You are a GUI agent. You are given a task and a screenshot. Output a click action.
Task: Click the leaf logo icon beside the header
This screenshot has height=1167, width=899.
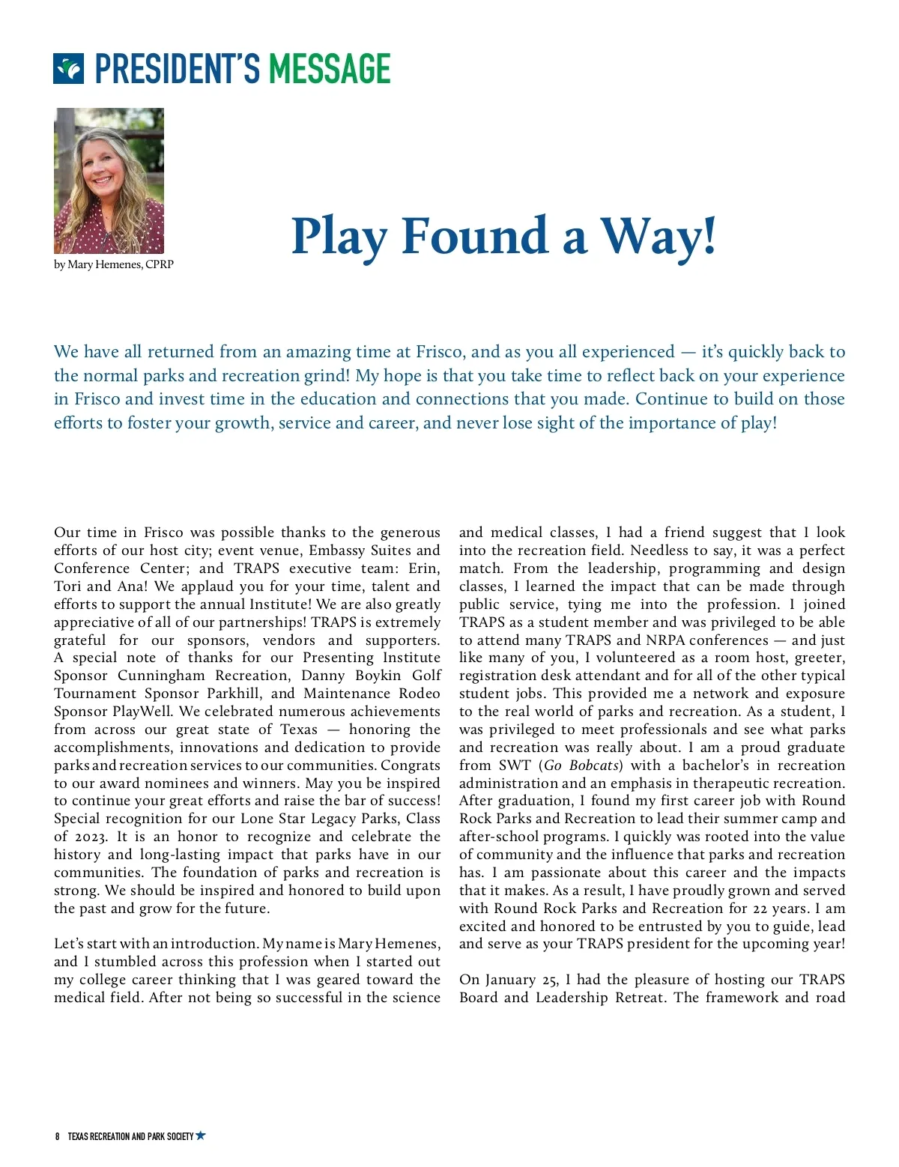(x=68, y=68)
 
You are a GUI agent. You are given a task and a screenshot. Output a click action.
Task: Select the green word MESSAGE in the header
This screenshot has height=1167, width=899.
(x=330, y=69)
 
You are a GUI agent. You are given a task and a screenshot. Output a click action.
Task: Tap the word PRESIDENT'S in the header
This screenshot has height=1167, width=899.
(x=177, y=69)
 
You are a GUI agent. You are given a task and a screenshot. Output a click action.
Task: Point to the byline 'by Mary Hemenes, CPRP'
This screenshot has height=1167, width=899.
(x=114, y=264)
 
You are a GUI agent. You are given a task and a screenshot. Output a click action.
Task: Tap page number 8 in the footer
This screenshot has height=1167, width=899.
(x=57, y=1136)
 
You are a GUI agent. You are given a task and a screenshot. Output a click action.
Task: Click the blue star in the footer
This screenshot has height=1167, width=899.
(x=200, y=1136)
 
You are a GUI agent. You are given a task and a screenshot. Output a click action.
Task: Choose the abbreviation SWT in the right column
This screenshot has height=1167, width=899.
(x=515, y=766)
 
